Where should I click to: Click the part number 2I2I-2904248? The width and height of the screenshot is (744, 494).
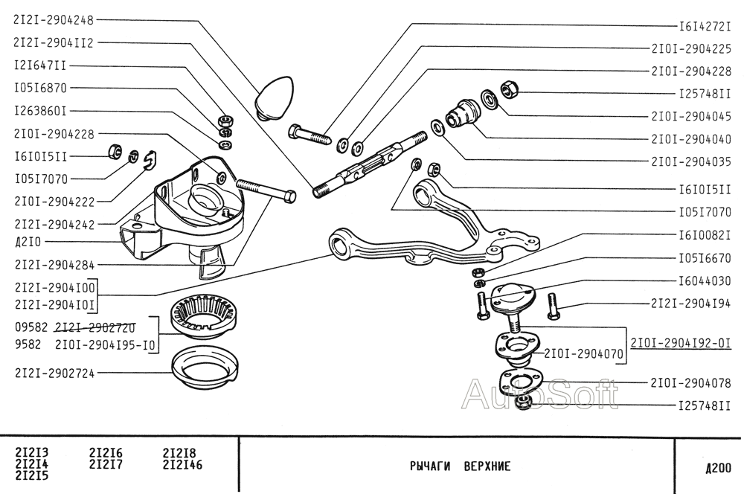[54, 20]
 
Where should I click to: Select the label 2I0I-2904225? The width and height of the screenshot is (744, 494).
[691, 48]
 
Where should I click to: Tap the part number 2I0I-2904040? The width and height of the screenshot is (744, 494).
[691, 139]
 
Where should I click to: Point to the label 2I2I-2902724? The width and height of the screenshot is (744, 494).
[54, 373]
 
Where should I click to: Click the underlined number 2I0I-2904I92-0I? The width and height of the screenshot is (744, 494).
[681, 343]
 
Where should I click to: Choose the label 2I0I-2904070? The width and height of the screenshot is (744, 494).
[583, 353]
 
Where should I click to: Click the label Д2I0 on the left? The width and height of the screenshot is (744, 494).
[28, 242]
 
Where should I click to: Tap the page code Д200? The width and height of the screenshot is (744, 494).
[718, 469]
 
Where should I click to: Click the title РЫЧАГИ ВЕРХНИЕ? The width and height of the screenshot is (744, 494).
[461, 466]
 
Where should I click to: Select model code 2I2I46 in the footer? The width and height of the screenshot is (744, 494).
[183, 464]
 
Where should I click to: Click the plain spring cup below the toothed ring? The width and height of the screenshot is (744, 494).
[205, 368]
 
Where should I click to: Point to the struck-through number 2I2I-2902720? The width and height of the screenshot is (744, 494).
[95, 328]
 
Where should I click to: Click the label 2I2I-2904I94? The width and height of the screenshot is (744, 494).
[691, 304]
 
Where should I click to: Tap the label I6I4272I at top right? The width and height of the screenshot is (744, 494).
[705, 27]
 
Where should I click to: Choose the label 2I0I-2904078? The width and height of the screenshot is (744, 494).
[691, 382]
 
